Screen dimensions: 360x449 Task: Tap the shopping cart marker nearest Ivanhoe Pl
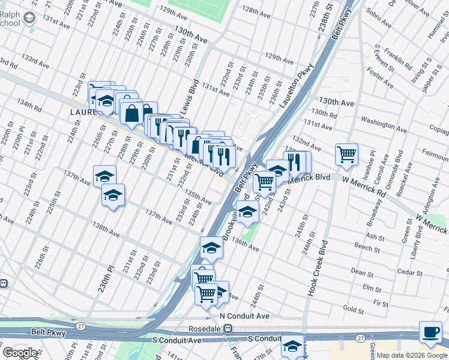tap(346, 155)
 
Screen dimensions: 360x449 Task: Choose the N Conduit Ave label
tap(244, 316)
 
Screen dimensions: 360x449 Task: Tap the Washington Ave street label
tap(384, 124)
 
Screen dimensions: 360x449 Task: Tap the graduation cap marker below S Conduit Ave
tap(292, 347)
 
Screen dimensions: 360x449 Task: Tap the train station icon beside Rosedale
tap(228, 328)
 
